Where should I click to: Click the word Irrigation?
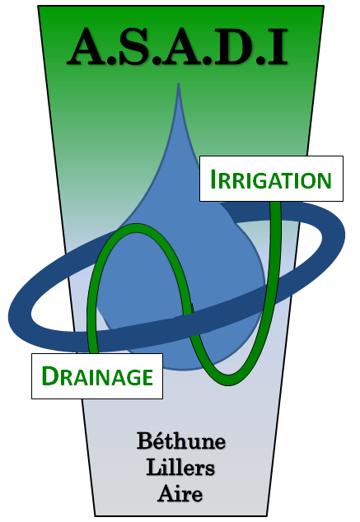pyautogui.click(x=271, y=179)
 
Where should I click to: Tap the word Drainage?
pyautogui.click(x=97, y=375)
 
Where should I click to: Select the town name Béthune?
pyautogui.click(x=181, y=440)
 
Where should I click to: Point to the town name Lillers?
pyautogui.click(x=180, y=468)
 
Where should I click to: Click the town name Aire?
pyautogui.click(x=180, y=493)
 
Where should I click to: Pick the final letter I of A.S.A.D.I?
pyautogui.click(x=277, y=47)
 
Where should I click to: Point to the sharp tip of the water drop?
pyautogui.click(x=179, y=83)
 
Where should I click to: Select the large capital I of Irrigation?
pyautogui.click(x=213, y=179)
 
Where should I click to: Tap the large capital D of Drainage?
pyautogui.click(x=49, y=375)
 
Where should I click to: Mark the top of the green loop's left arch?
pyautogui.click(x=137, y=228)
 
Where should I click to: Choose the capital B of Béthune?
pyautogui.click(x=144, y=441)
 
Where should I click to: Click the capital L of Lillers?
pyautogui.click(x=153, y=467)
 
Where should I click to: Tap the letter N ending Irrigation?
pyautogui.click(x=324, y=181)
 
